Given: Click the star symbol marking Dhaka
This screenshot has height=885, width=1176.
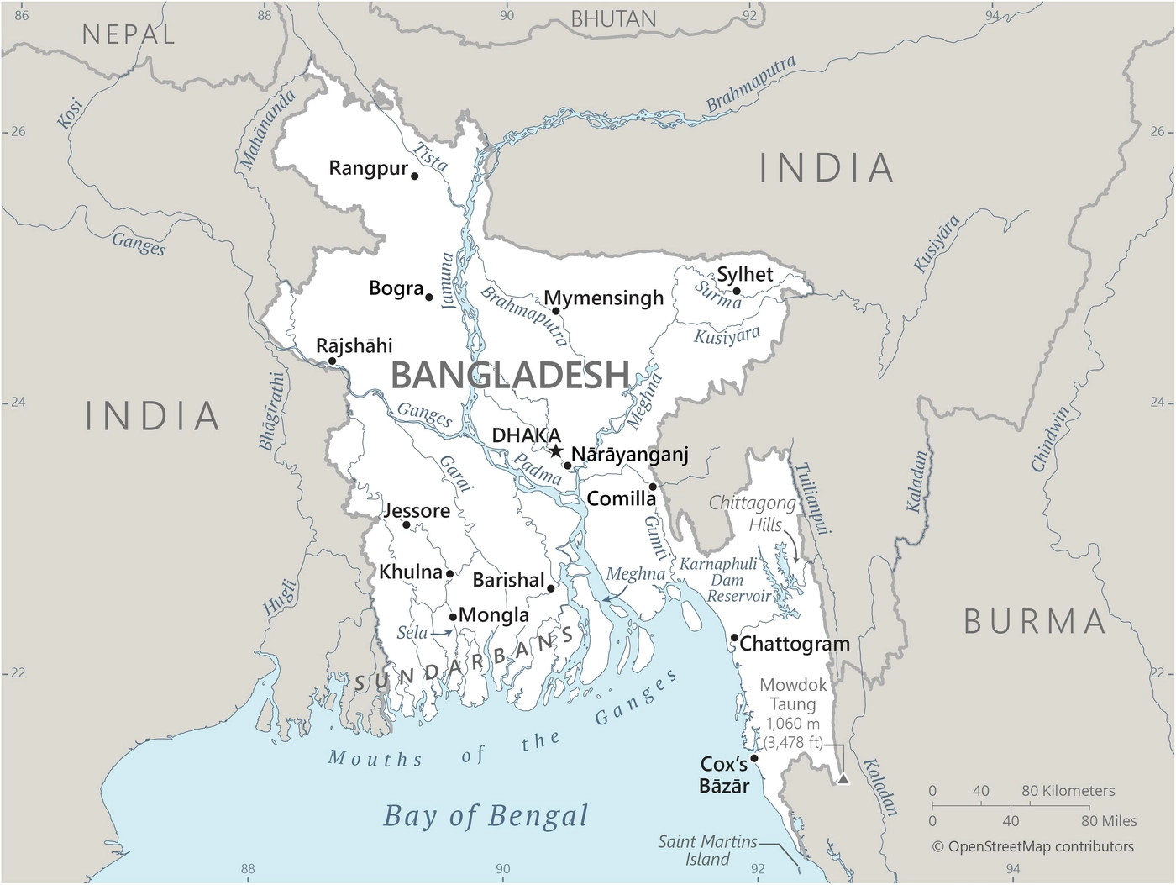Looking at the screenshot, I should pyautogui.click(x=556, y=451).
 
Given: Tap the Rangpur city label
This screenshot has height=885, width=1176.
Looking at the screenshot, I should pyautogui.click(x=368, y=168).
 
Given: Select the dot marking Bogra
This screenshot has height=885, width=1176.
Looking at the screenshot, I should pyautogui.click(x=429, y=298).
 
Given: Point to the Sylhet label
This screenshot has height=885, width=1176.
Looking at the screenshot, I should pyautogui.click(x=744, y=274).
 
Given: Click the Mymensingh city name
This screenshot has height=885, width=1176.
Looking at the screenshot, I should pyautogui.click(x=603, y=298).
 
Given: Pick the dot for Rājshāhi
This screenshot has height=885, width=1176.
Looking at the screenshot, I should pyautogui.click(x=332, y=361).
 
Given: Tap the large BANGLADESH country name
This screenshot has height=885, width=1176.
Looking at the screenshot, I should pyautogui.click(x=510, y=375).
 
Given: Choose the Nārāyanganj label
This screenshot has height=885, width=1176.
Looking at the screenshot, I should pyautogui.click(x=629, y=455).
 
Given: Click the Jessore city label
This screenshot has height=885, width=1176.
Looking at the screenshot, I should pyautogui.click(x=417, y=510).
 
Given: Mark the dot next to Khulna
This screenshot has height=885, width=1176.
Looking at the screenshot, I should pyautogui.click(x=449, y=574).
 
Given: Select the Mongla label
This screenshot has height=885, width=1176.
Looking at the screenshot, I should pyautogui.click(x=494, y=615).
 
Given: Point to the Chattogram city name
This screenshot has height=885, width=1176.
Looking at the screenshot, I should pyautogui.click(x=795, y=644).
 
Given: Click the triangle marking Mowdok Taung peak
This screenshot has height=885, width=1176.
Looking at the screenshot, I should pyautogui.click(x=843, y=779).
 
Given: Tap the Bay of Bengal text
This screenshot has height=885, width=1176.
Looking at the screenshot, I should pyautogui.click(x=486, y=815).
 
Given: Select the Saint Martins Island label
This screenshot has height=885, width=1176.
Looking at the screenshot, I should pyautogui.click(x=707, y=850).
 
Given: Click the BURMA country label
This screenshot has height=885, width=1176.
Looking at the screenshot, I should pyautogui.click(x=1035, y=622).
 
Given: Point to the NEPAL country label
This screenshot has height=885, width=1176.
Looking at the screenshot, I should pyautogui.click(x=129, y=34).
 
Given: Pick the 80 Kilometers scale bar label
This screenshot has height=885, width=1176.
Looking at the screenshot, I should pyautogui.click(x=1068, y=791).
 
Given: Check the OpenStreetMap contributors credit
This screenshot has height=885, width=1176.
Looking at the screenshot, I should pyautogui.click(x=1033, y=846).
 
